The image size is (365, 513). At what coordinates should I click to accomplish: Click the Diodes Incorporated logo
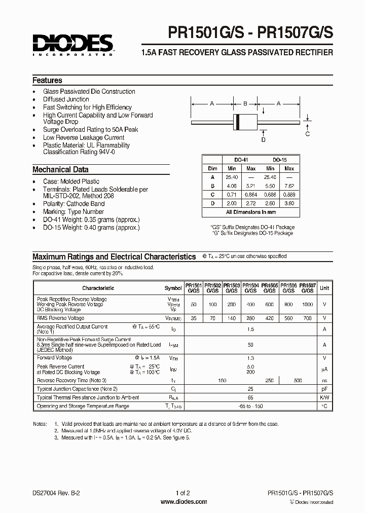[x=72, y=44]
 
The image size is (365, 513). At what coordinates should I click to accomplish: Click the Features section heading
[x=47, y=80]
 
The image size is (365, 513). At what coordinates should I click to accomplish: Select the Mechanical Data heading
[x=60, y=170]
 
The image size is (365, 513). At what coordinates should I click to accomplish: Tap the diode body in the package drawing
[x=245, y=121]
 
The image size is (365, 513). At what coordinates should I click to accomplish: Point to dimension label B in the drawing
[x=245, y=103]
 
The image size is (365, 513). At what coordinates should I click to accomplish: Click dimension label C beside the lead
[x=308, y=134]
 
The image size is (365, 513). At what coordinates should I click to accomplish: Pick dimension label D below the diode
[x=263, y=139]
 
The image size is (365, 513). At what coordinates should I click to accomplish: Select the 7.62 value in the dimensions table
[x=289, y=186]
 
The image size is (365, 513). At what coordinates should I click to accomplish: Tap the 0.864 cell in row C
[x=251, y=194]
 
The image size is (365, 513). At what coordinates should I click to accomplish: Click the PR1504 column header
[x=250, y=288]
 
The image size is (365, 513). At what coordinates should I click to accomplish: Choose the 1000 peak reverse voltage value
[x=307, y=304]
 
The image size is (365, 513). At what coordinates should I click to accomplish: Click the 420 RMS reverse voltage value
[x=269, y=318]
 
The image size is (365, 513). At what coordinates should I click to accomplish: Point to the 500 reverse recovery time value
[x=298, y=380]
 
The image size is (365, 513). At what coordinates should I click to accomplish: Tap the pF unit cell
[x=324, y=389]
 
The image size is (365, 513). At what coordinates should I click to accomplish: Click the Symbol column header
[x=173, y=288]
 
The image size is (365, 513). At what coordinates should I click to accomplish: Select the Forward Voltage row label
[x=55, y=357]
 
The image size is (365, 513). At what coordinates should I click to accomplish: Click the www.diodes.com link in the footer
[x=183, y=502]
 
